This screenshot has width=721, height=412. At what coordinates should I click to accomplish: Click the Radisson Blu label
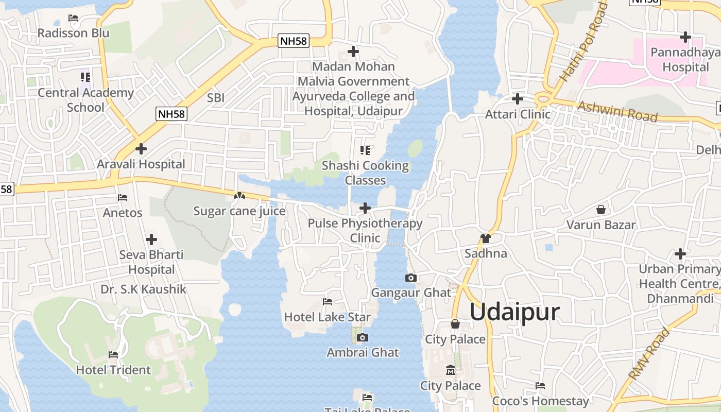coord(73,33)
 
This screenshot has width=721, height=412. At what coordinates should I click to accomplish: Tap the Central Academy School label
coord(85,100)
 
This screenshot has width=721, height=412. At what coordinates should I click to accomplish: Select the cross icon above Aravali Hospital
coord(141,149)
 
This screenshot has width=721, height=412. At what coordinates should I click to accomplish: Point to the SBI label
coord(216,98)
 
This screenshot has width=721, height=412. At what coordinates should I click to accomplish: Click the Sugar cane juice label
coord(239,211)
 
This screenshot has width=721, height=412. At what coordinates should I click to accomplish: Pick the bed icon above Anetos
coord(123,198)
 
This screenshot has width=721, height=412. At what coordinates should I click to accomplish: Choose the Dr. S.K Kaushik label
coord(143,289)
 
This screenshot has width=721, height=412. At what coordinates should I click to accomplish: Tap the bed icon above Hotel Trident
coord(113,355)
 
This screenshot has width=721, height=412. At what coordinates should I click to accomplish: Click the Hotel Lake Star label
coord(327,317)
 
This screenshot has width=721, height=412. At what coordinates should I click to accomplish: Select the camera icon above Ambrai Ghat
coord(363,338)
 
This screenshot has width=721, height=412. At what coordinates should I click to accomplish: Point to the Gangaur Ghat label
coord(411,293)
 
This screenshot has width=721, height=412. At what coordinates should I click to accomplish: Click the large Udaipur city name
coord(514,312)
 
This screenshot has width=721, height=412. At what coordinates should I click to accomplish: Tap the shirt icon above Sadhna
coord(485,238)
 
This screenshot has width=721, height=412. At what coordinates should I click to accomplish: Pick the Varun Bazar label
coord(601,225)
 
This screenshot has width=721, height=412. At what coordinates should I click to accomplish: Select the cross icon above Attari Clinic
coord(518,99)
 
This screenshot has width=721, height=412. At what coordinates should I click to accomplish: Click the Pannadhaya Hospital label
coord(685,60)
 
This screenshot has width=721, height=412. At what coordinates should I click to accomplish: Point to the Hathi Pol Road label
coord(583,42)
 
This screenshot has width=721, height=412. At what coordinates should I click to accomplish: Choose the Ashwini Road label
coord(617,111)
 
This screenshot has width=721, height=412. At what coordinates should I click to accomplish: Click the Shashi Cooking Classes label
coord(365,173)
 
